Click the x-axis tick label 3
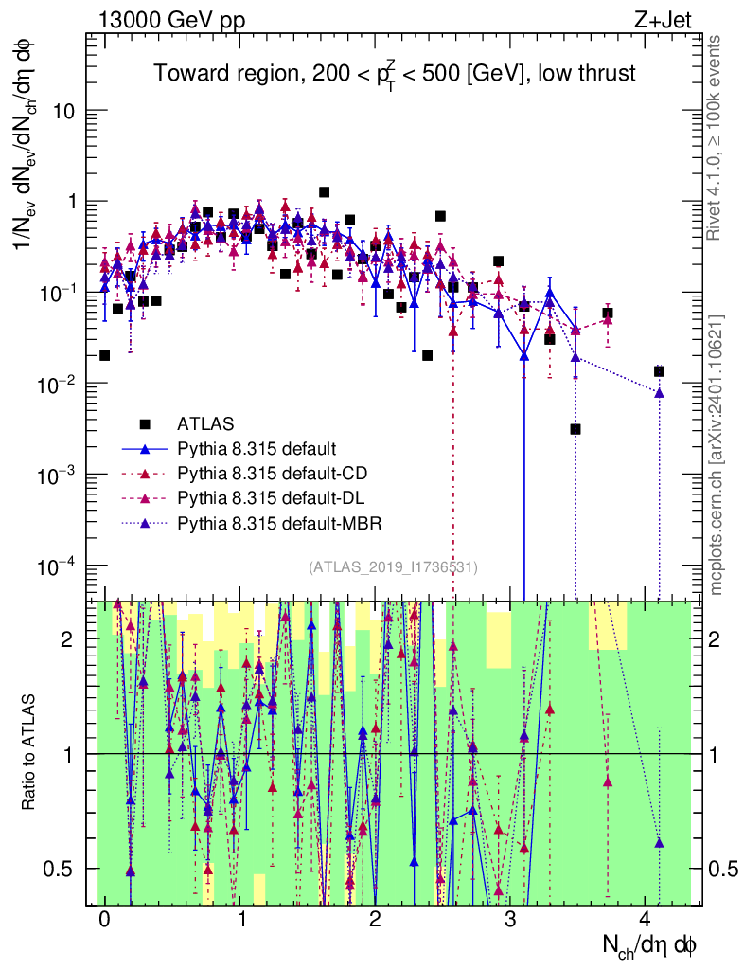click(x=510, y=921)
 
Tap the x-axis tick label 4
click(x=645, y=921)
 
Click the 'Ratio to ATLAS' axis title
click(x=30, y=753)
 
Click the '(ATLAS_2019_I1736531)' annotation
click(x=393, y=567)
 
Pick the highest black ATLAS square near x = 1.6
click(x=324, y=192)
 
